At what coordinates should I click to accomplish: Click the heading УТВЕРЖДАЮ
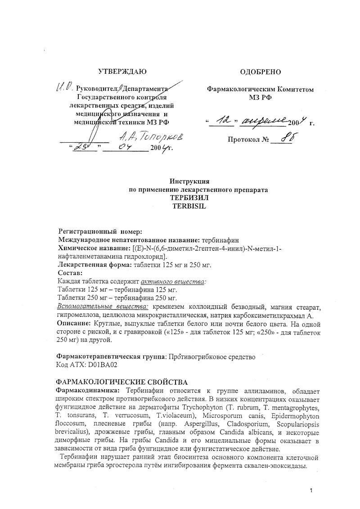point(123,71)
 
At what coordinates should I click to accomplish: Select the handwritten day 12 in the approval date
point(222,120)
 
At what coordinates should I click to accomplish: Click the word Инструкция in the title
point(190,182)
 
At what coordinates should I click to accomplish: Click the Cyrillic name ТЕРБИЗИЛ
point(190,198)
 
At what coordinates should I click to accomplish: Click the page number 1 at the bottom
point(310,490)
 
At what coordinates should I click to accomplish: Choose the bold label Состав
point(71,273)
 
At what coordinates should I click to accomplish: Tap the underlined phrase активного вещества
point(177,281)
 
